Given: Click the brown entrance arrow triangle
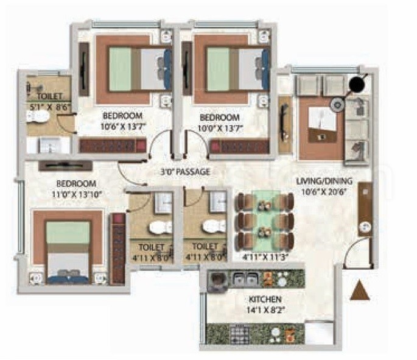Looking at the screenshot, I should click(360, 291).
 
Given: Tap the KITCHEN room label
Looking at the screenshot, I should click(265, 299).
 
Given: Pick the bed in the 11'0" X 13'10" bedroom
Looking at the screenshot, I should click(68, 247).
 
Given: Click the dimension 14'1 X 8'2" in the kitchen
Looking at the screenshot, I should click(265, 309).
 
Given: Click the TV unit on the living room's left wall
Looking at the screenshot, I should click(284, 124).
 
